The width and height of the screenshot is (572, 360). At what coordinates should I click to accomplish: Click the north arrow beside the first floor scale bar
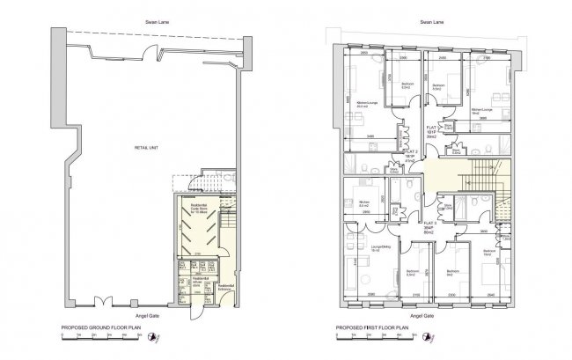[x=432, y=336]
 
